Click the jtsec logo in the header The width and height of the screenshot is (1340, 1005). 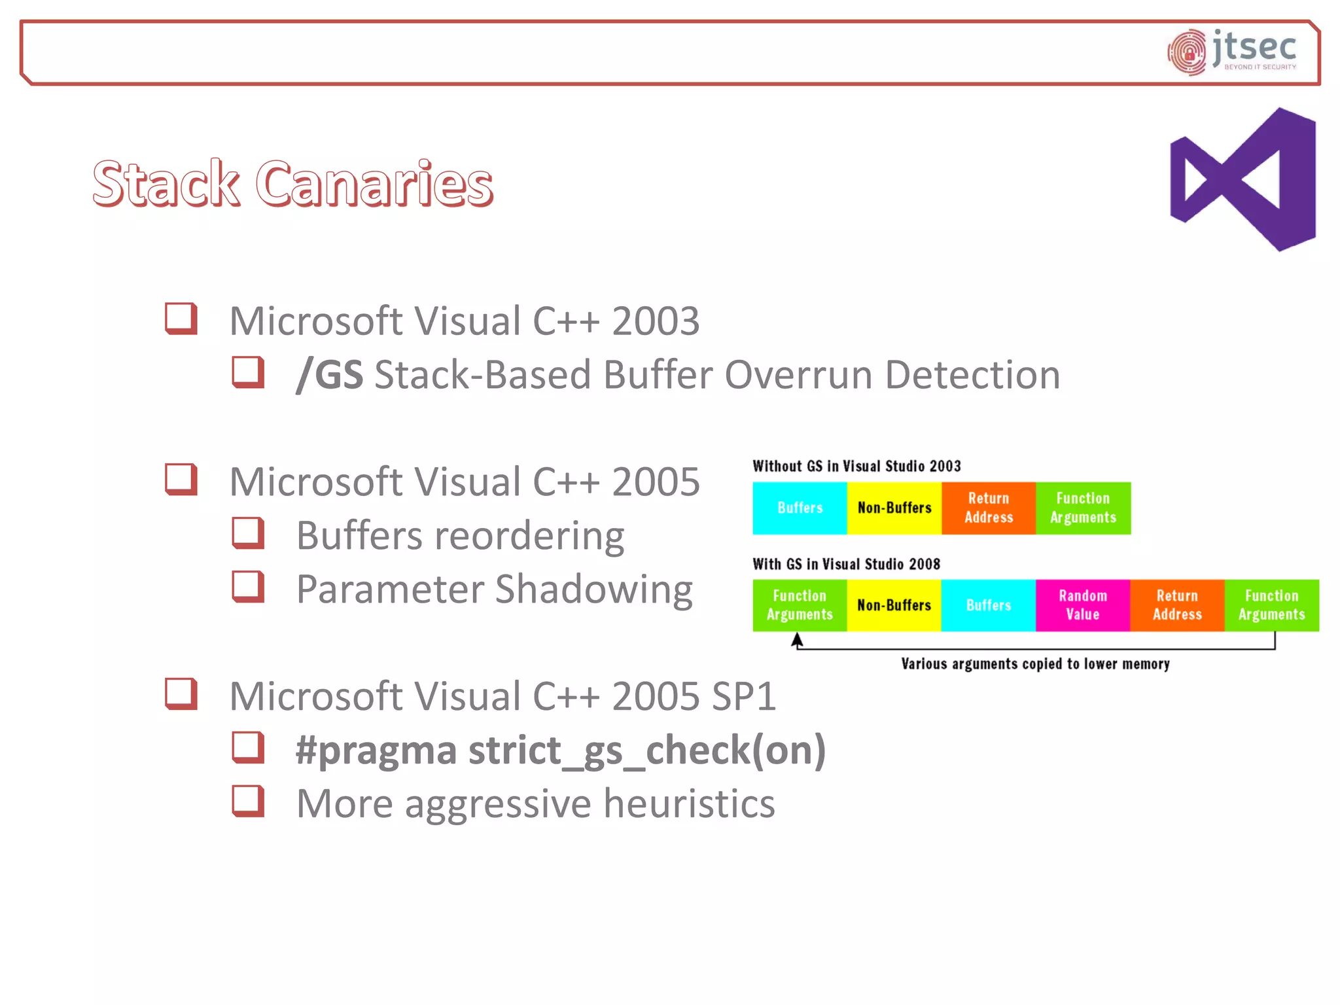tap(1232, 52)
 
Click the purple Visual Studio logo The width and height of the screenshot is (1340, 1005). tap(1243, 179)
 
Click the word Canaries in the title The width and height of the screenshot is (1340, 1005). tap(374, 184)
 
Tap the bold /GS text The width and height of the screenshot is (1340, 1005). tap(330, 375)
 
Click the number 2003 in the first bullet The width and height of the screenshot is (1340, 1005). tap(655, 321)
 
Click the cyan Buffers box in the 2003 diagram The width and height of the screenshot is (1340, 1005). tap(800, 508)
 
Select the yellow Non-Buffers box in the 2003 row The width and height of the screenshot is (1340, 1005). tap(894, 508)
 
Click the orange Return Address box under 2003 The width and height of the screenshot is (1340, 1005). tap(988, 508)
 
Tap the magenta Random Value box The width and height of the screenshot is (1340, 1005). tap(1082, 605)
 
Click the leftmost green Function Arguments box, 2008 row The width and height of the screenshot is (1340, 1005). tap(800, 605)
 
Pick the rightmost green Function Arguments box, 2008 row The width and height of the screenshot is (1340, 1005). tap(1271, 605)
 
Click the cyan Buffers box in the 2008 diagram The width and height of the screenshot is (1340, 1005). tap(988, 605)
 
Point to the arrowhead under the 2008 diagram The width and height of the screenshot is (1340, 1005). tap(796, 639)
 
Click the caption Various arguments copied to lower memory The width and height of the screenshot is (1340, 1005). tap(1035, 664)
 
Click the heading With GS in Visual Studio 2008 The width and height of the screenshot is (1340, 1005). tap(846, 564)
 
